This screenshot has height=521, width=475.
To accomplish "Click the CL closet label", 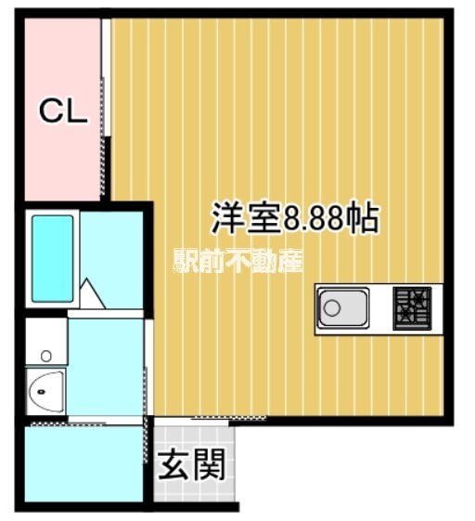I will tap(61, 111).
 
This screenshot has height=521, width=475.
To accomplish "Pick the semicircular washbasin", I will tap(45, 394).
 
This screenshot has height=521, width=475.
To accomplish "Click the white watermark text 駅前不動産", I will tap(237, 263).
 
